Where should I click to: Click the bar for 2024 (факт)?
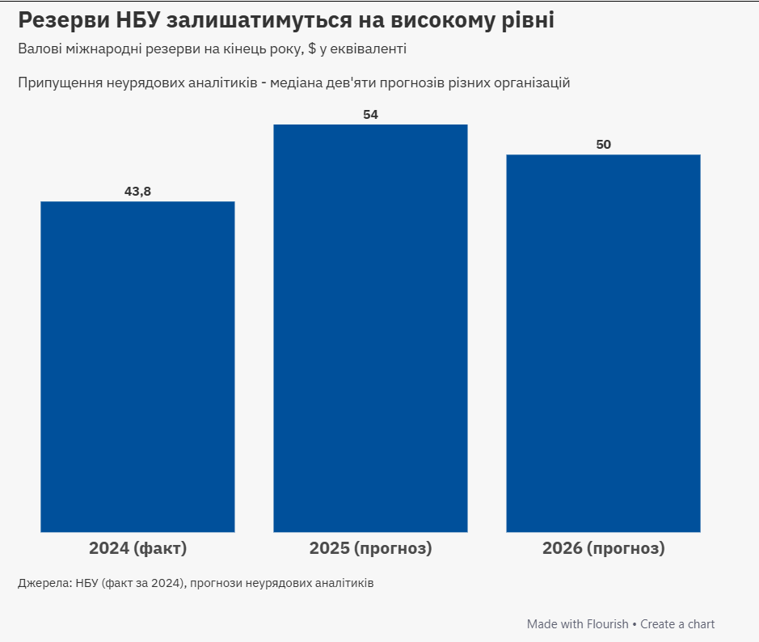(x=137, y=366)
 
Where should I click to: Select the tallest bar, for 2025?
(x=370, y=327)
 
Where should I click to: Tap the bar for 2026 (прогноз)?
(x=603, y=343)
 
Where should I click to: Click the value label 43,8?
(x=137, y=192)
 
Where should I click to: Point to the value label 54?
(x=370, y=115)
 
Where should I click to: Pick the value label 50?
(x=603, y=145)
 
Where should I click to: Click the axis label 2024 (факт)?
(x=137, y=548)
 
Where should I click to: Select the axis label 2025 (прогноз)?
(x=370, y=548)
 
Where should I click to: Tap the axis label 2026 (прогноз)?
(x=603, y=548)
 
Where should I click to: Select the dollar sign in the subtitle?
(x=312, y=49)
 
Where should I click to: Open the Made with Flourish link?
(x=577, y=624)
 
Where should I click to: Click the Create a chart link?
(x=677, y=624)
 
